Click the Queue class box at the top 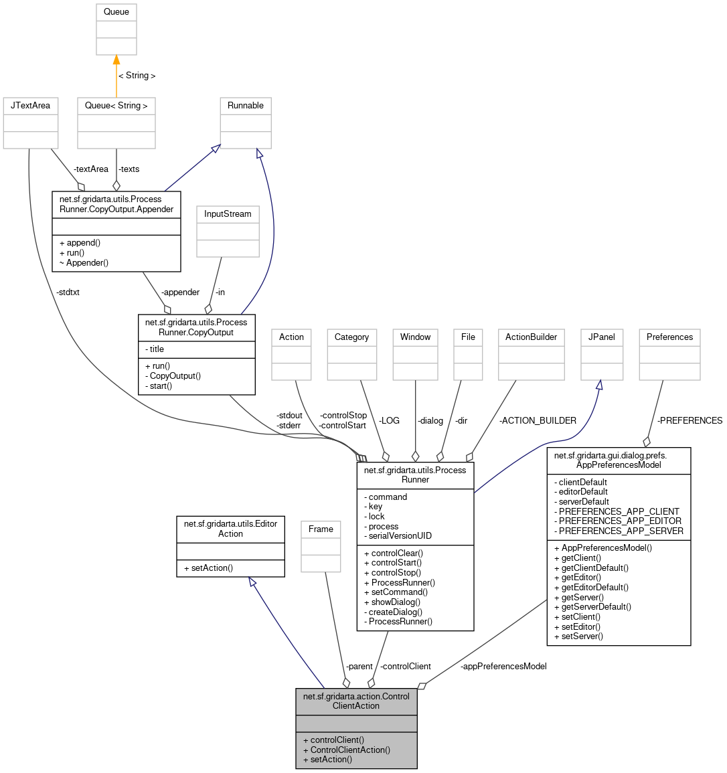click(116, 12)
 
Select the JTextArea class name click(30, 106)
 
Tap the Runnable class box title click(246, 106)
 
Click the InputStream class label click(228, 214)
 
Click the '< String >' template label click(137, 76)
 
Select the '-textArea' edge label click(90, 169)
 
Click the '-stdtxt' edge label click(68, 292)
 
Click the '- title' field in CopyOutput click(155, 349)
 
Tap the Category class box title click(351, 337)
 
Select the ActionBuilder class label click(531, 337)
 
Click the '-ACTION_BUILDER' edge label click(538, 421)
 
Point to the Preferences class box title click(669, 337)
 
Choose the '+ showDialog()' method click(392, 602)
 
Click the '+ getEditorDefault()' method click(591, 588)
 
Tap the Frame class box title click(321, 529)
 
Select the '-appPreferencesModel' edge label click(503, 667)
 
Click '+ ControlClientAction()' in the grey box click(346, 750)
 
